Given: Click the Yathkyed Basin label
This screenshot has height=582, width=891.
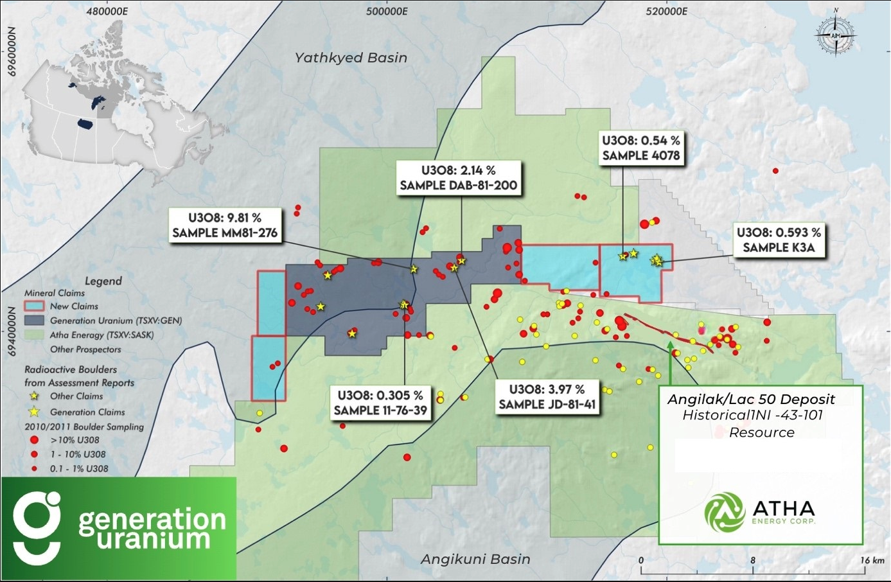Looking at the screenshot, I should (x=351, y=58).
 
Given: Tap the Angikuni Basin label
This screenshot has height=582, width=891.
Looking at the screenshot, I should (x=475, y=560).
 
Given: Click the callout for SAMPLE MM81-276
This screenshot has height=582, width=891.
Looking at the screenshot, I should (x=225, y=225).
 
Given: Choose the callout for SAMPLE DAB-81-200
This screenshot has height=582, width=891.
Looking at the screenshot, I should (x=458, y=178).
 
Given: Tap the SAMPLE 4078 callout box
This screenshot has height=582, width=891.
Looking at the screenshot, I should (x=640, y=148).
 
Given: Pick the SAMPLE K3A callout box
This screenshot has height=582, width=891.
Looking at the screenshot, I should (x=779, y=240).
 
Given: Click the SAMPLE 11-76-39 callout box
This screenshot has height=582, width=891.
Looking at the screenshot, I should (x=380, y=403).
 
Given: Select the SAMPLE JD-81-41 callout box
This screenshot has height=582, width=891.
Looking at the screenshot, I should (x=547, y=398).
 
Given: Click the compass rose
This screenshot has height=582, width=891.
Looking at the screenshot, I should (x=835, y=35).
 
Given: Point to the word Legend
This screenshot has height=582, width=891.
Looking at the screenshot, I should (x=103, y=281).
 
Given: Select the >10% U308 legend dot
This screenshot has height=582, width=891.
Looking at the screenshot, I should (x=35, y=441).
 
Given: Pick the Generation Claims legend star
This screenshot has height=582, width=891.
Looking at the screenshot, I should (x=35, y=412).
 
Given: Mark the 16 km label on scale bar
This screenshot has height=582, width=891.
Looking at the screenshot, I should (x=872, y=561).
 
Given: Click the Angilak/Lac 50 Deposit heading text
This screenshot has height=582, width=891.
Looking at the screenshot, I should (x=751, y=400).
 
